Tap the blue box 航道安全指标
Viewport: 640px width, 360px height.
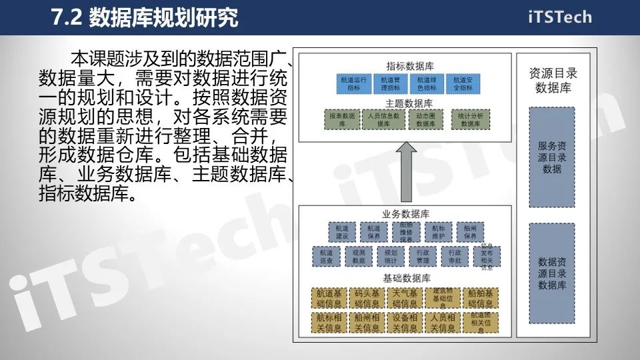click(x=463, y=83)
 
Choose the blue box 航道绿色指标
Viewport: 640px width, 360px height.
click(x=426, y=83)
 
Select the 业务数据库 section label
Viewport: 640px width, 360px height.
click(x=406, y=214)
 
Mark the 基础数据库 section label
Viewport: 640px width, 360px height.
click(x=406, y=277)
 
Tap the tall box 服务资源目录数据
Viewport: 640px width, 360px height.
click(x=551, y=157)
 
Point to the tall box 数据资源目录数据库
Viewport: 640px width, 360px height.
click(x=551, y=273)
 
